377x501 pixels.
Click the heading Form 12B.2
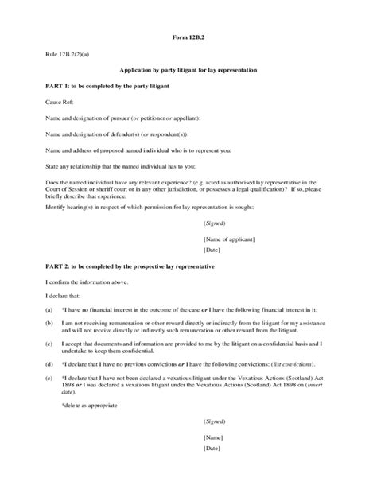pyautogui.click(x=188, y=37)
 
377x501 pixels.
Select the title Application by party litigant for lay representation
pyautogui.click(x=188, y=71)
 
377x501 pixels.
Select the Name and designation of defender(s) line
pyautogui.click(x=120, y=134)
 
